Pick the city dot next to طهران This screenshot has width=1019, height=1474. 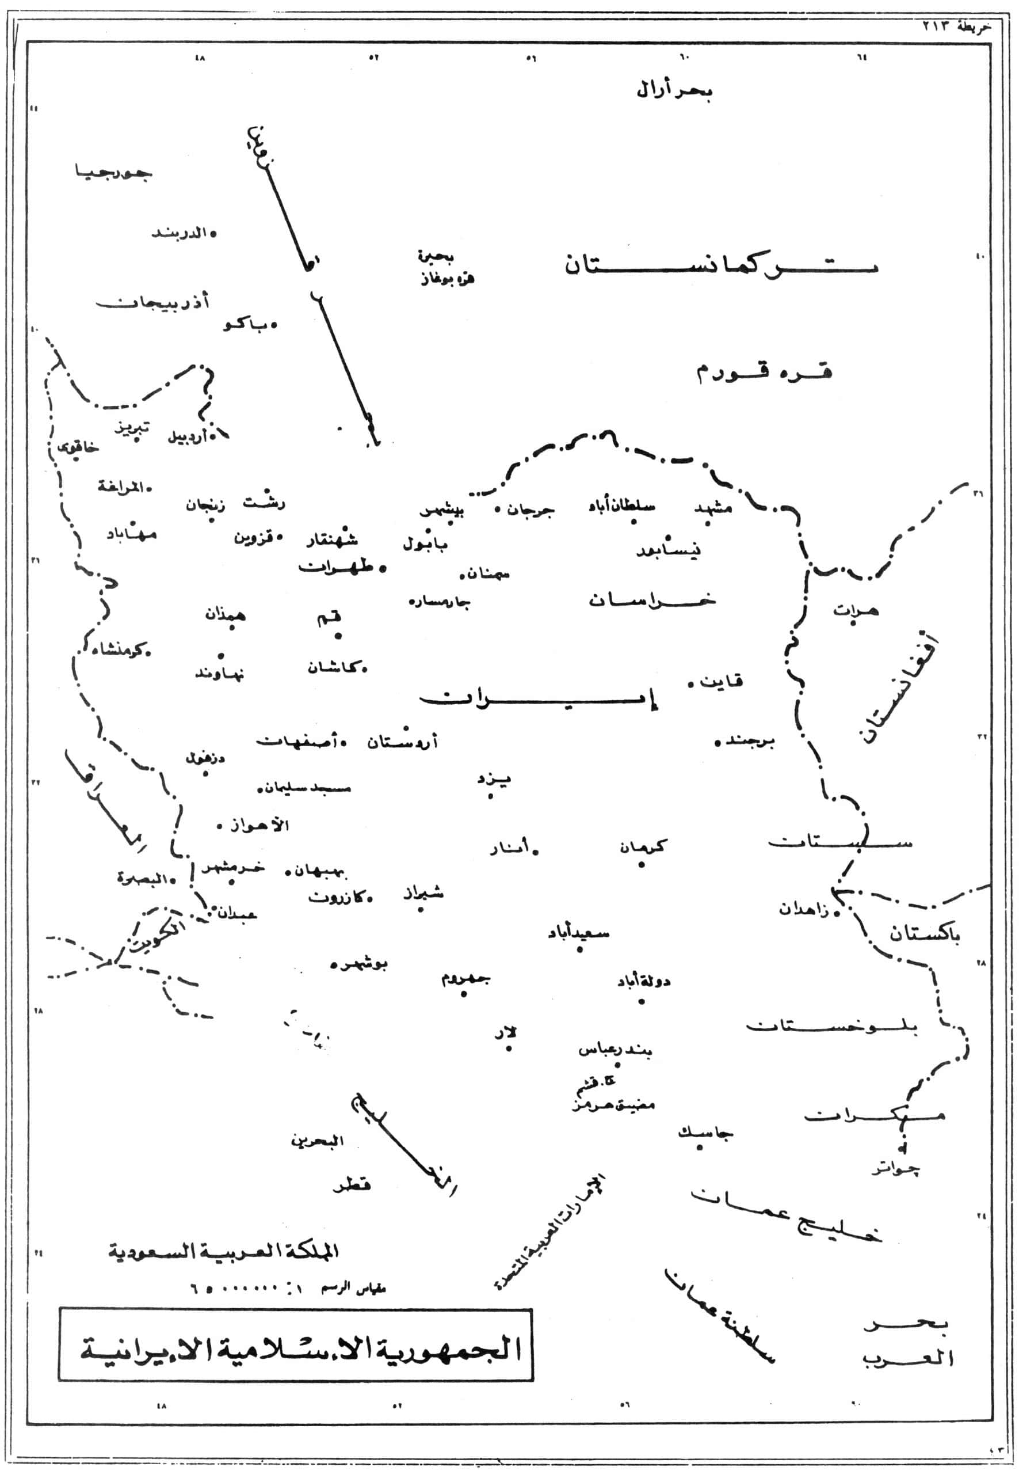(383, 568)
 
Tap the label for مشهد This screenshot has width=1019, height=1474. (712, 508)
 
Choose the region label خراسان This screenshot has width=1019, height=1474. (652, 600)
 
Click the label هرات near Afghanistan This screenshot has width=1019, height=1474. (855, 610)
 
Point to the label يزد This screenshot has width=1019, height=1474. (495, 779)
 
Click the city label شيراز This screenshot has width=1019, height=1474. (422, 893)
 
